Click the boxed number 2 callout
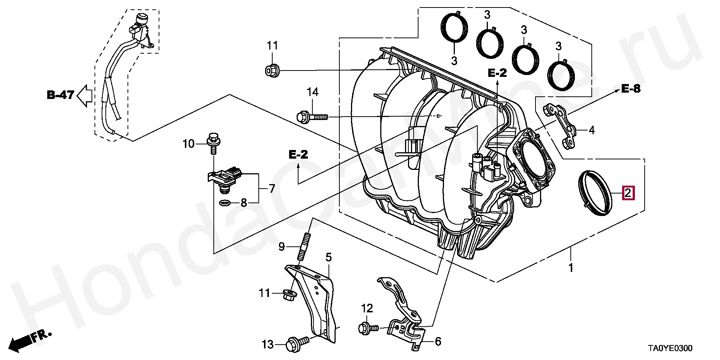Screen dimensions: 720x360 point(628,193)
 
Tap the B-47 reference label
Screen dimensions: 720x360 point(60,95)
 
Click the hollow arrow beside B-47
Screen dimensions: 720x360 point(85,96)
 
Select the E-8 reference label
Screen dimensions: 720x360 point(631,89)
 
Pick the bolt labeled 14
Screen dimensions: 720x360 point(312,117)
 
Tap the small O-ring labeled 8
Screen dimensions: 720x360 point(224,204)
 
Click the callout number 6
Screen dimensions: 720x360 point(438,342)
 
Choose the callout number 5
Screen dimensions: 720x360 point(328,257)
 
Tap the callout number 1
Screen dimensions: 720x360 point(571,268)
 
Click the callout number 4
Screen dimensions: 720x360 point(591,130)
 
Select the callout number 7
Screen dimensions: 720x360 point(272,188)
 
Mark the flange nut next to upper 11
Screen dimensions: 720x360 point(272,70)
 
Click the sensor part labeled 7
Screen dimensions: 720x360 point(225,179)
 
